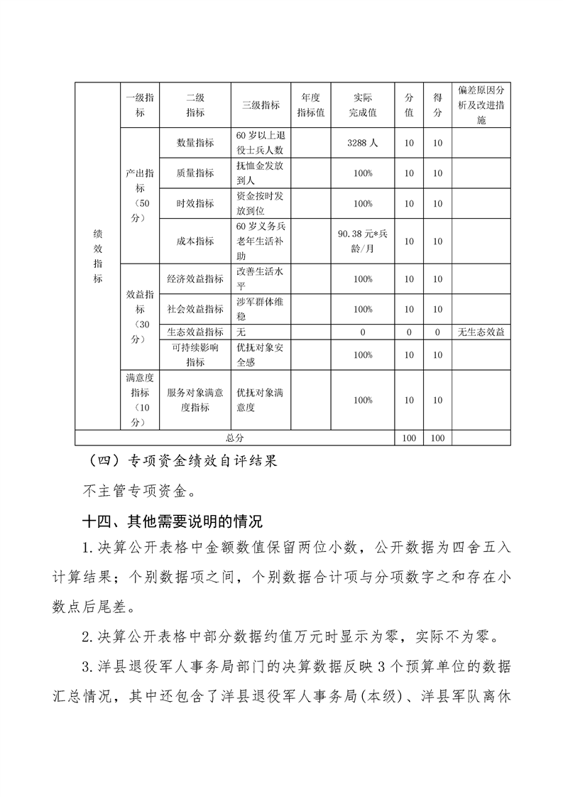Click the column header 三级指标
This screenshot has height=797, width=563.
(x=261, y=105)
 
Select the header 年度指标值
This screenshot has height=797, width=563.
(x=310, y=105)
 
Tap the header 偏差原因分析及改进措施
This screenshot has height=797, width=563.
(x=481, y=105)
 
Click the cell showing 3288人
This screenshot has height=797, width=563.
(x=362, y=143)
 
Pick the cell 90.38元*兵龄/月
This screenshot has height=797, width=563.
(x=362, y=241)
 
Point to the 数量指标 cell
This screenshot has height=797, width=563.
(x=195, y=143)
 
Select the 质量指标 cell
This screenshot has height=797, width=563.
(x=195, y=173)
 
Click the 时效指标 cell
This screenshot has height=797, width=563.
(x=195, y=203)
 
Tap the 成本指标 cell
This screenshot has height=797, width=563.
(x=195, y=241)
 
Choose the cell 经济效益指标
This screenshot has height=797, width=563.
(x=195, y=279)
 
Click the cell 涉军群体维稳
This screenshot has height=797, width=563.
(x=261, y=309)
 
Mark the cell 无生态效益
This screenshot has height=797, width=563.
(x=481, y=332)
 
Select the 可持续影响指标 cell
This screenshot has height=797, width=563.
(x=195, y=354)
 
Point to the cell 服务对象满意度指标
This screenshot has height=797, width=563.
(x=195, y=400)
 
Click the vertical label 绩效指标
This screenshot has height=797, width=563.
(x=97, y=256)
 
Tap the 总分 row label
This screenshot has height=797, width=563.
(x=234, y=438)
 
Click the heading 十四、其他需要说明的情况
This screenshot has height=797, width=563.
(x=173, y=521)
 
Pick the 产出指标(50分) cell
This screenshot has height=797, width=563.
(x=140, y=195)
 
